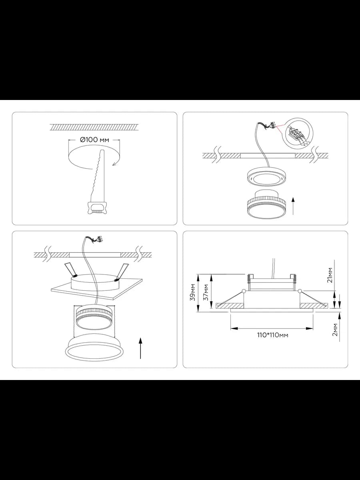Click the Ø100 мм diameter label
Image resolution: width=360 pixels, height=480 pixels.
coord(94,140)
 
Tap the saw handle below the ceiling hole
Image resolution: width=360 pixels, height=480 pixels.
coord(96,208)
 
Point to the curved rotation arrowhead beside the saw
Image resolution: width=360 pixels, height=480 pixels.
coord(114,164)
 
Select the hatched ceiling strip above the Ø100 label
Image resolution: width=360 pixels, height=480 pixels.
coord(94,127)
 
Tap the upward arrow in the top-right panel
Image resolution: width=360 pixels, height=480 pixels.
coord(293,206)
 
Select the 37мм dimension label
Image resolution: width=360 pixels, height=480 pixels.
coord(206,292)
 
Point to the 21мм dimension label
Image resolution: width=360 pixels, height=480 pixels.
coord(330,275)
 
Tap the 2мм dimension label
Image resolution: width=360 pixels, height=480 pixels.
coord(335,330)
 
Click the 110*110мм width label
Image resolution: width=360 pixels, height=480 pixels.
coord(272,335)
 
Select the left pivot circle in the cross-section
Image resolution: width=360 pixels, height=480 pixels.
coord(244,291)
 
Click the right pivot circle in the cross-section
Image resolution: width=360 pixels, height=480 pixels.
coord(300,291)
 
